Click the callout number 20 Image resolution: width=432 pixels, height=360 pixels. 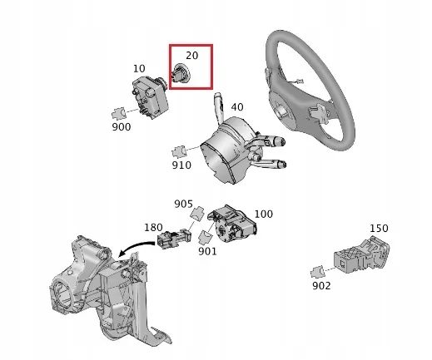[191, 57]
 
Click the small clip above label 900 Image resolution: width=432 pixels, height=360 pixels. [119, 112]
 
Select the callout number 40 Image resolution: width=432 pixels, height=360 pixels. [237, 106]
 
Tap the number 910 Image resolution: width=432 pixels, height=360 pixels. [181, 165]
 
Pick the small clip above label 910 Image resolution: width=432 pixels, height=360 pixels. [178, 150]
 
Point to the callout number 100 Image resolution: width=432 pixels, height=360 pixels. [263, 214]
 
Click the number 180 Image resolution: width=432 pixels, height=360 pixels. [154, 227]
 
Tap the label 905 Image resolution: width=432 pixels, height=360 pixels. [184, 204]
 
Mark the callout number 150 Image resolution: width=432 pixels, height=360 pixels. [379, 228]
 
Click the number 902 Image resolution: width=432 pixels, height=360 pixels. [320, 285]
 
